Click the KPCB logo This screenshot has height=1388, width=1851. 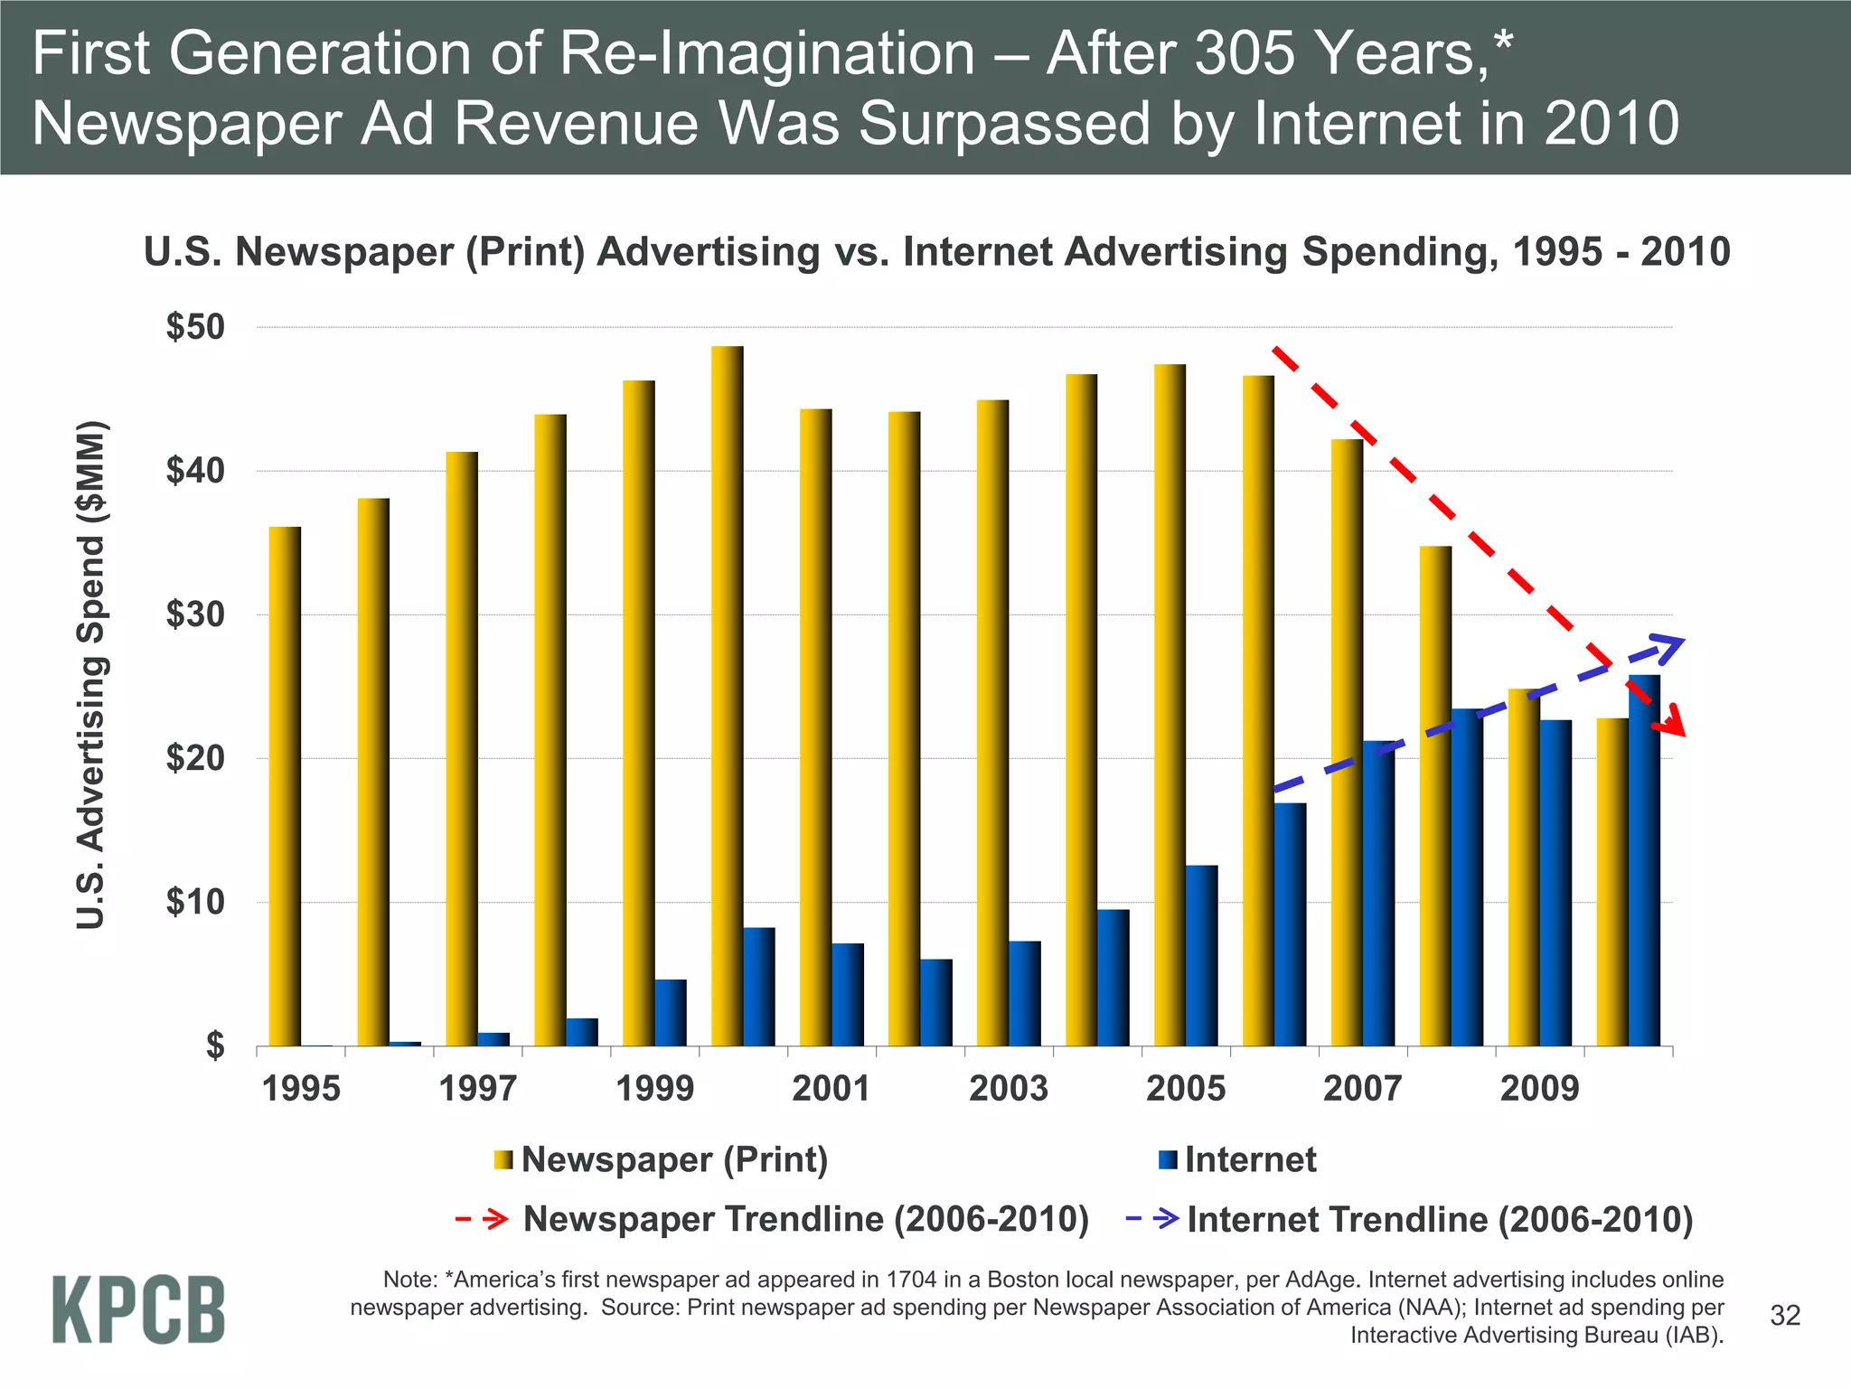point(138,1309)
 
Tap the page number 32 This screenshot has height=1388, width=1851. point(1785,1316)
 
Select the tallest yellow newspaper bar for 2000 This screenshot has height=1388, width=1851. point(727,696)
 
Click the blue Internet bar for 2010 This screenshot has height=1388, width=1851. point(1644,860)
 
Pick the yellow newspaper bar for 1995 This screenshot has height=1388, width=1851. point(285,786)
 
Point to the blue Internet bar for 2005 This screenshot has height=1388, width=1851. point(1201,955)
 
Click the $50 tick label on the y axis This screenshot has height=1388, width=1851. point(195,327)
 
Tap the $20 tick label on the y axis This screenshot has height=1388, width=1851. point(195,758)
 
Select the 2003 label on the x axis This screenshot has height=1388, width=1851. point(1009,1088)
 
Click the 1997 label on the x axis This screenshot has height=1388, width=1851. point(477,1088)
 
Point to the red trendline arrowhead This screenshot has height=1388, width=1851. point(1676,720)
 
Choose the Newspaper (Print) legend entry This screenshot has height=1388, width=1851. point(673,1159)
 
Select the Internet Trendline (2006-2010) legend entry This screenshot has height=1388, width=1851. point(1439,1219)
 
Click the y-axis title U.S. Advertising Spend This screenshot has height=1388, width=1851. point(91,675)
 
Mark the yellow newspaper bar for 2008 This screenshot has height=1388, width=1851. point(1435,795)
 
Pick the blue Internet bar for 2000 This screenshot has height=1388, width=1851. point(758,987)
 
